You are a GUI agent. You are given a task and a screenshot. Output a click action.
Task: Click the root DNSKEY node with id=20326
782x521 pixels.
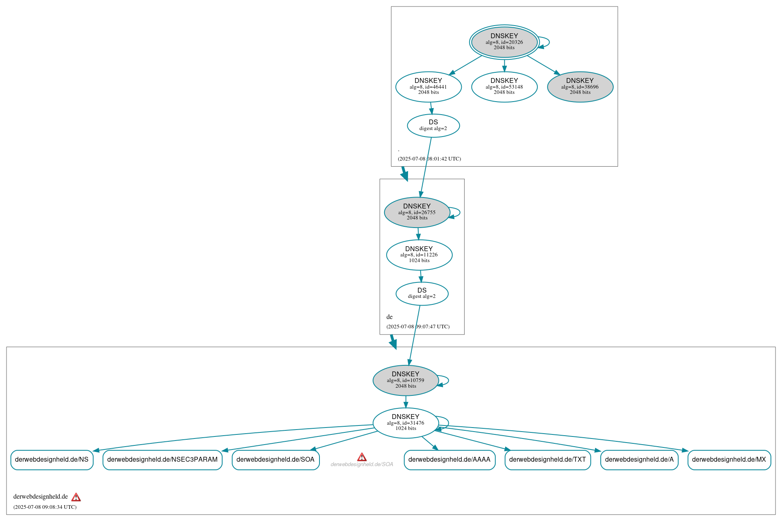click(x=504, y=42)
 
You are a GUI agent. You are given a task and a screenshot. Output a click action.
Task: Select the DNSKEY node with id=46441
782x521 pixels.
click(x=428, y=87)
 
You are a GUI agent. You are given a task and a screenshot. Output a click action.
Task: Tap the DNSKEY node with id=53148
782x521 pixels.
click(x=504, y=87)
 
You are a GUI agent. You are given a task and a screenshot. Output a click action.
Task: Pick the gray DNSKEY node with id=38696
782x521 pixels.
click(x=580, y=87)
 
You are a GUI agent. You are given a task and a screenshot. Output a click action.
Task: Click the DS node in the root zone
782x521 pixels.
click(x=433, y=126)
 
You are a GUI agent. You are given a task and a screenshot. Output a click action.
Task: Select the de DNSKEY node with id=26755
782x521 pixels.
click(x=417, y=212)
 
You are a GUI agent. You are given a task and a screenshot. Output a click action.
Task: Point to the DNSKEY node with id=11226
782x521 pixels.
click(x=419, y=255)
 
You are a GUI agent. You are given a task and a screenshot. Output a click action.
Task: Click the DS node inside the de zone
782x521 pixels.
click(x=422, y=293)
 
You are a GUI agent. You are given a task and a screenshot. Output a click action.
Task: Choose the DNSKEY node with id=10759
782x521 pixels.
click(x=406, y=380)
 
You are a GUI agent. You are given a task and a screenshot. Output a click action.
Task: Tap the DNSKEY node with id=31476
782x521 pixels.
click(x=406, y=423)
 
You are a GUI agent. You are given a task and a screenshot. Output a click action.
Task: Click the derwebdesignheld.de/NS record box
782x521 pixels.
click(x=52, y=460)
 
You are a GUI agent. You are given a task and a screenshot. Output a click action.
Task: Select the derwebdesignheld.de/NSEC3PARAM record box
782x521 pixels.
click(x=162, y=460)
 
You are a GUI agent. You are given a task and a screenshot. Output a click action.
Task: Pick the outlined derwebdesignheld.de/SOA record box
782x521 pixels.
click(x=276, y=460)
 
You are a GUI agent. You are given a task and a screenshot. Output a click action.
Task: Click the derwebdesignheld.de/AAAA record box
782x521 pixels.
click(x=450, y=460)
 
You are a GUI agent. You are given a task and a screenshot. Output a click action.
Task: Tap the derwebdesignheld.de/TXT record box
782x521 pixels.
click(x=547, y=460)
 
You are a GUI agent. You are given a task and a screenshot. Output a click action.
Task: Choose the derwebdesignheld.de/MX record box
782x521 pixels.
click(x=729, y=460)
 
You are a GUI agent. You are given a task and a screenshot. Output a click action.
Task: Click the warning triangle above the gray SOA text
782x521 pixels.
click(x=362, y=457)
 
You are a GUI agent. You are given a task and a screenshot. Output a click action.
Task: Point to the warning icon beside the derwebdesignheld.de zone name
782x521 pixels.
click(x=76, y=497)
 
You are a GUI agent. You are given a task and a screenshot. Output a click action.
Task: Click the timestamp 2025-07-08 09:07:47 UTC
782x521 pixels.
click(x=418, y=327)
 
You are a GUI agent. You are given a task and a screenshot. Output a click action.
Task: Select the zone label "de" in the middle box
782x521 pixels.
click(x=389, y=317)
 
